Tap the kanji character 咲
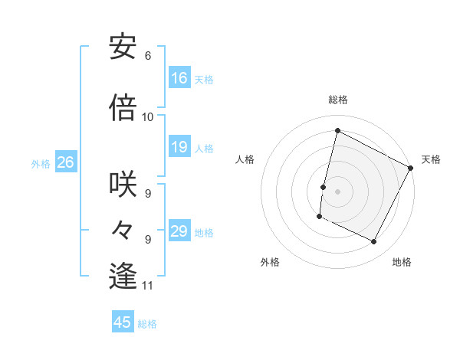[123, 184]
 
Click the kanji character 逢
[123, 276]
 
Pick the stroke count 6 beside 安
[147, 56]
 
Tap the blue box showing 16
[179, 78]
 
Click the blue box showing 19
[179, 147]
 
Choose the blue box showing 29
[179, 231]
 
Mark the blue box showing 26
[66, 162]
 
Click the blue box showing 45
[123, 322]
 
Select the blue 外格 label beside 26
[41, 163]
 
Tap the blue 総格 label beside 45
[147, 324]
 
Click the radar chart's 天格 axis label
[431, 159]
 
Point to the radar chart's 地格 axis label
[402, 262]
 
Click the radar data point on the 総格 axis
[337, 131]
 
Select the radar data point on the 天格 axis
[411, 168]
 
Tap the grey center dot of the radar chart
[337, 191]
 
